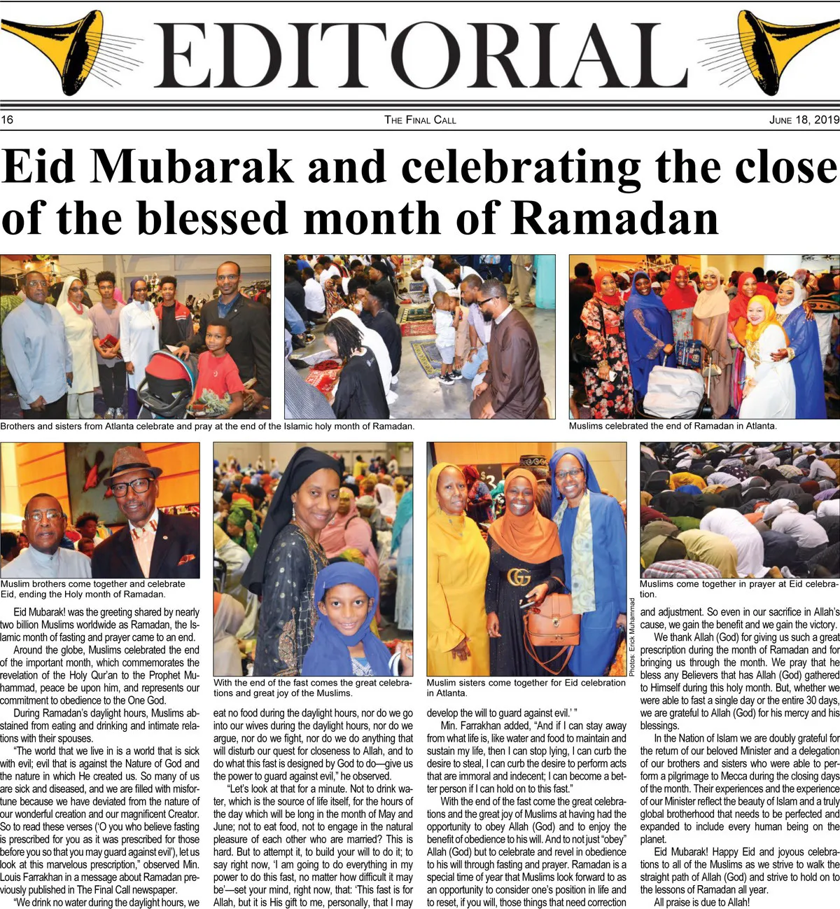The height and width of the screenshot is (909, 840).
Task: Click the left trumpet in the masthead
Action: click(66, 49)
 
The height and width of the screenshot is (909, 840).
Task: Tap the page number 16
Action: click(7, 120)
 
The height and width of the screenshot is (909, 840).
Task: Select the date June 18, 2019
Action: click(804, 120)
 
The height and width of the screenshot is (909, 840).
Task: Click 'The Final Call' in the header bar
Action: click(420, 120)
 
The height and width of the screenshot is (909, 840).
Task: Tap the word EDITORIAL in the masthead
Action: click(420, 56)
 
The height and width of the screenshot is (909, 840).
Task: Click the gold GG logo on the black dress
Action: click(519, 577)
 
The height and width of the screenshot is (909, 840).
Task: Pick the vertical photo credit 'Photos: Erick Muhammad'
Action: click(631, 637)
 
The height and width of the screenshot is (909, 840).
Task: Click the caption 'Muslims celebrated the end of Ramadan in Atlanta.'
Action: click(672, 426)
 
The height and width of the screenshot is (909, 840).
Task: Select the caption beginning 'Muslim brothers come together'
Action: click(93, 589)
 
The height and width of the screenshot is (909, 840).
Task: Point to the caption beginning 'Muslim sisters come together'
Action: click(526, 688)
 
